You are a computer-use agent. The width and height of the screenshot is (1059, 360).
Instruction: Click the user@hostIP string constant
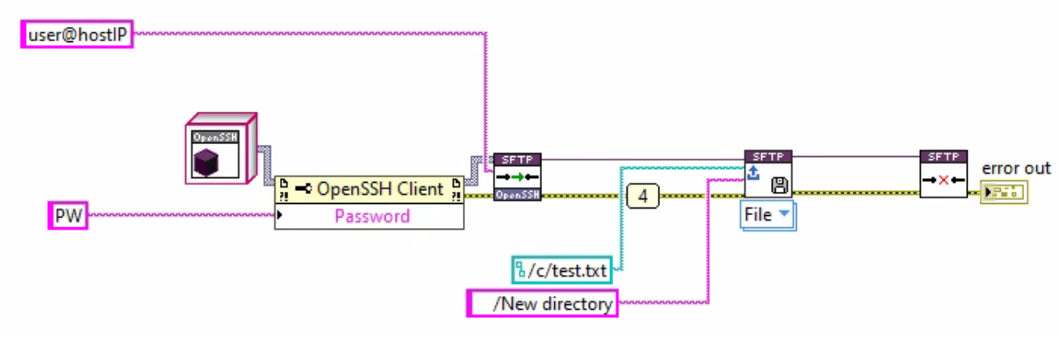(76, 36)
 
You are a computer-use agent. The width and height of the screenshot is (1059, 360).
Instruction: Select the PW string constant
(66, 216)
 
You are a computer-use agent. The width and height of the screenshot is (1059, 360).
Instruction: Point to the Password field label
(371, 216)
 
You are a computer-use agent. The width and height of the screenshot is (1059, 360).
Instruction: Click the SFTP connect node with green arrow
(517, 176)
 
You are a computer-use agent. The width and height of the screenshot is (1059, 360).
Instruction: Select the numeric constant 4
(643, 195)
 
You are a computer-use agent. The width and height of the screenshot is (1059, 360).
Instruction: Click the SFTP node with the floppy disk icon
(769, 174)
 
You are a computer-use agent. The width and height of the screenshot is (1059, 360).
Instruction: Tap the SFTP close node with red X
(944, 174)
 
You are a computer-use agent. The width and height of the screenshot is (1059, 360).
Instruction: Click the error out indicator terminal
(1003, 193)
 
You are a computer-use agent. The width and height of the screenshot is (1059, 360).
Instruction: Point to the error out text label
(1015, 168)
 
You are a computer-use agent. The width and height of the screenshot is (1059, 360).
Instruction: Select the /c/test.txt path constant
(561, 270)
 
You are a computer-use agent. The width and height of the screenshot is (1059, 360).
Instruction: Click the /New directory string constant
(541, 303)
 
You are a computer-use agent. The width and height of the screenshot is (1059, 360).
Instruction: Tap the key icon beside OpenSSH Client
(304, 189)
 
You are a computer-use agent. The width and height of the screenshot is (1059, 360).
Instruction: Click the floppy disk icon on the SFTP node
(780, 186)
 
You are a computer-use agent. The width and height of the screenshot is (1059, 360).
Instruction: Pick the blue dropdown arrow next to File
(784, 215)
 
